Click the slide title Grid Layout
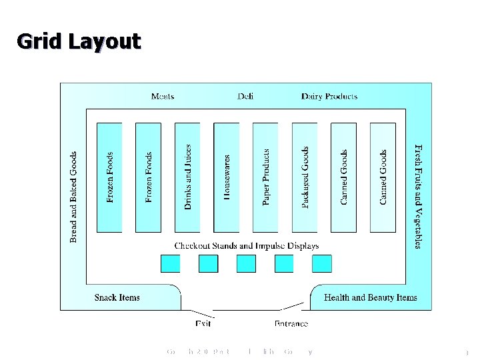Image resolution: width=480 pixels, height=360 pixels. (x=79, y=41)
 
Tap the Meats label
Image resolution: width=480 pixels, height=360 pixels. (x=163, y=96)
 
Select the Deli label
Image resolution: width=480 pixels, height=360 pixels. (x=245, y=96)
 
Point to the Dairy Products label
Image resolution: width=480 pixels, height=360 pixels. (x=329, y=96)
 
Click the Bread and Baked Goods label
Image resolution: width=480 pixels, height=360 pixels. (x=74, y=197)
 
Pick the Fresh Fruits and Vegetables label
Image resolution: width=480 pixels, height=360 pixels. (x=418, y=196)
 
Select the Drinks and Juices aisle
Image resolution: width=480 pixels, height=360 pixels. (x=187, y=177)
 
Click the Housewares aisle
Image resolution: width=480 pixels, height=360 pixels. (x=226, y=177)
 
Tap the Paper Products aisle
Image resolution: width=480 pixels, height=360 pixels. (x=265, y=177)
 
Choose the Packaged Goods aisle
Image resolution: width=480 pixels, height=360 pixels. (x=305, y=177)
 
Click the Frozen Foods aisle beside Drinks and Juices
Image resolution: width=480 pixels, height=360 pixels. (x=148, y=177)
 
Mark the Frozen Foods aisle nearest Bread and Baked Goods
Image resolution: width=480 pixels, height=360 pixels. (x=109, y=177)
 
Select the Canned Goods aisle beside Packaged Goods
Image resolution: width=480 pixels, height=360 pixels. (x=343, y=177)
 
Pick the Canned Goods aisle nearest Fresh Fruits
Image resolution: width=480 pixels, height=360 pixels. (x=383, y=177)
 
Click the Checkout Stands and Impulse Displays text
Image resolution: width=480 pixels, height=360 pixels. (x=247, y=246)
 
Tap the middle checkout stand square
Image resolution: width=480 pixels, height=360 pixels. (x=246, y=264)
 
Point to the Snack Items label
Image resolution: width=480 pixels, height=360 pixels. (x=117, y=297)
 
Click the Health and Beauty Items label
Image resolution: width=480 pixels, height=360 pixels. (x=371, y=297)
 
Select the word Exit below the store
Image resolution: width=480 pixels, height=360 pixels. (x=203, y=324)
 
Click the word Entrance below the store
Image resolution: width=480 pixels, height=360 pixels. (x=291, y=324)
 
